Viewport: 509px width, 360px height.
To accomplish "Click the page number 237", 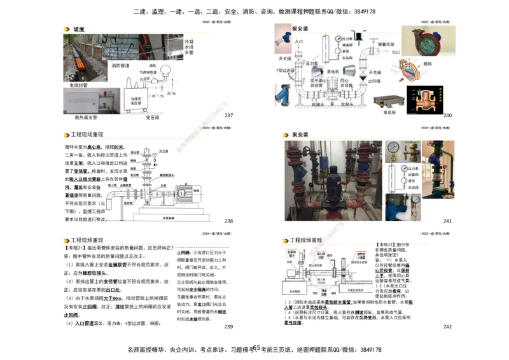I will tap(229, 115).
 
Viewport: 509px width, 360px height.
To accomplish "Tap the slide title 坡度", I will tap(79, 29).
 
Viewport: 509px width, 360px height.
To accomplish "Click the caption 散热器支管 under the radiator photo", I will tap(86, 116).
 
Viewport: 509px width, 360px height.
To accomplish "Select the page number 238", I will tap(229, 221).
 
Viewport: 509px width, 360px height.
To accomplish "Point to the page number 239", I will tap(229, 327).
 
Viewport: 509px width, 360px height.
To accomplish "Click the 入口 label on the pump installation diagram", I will tap(299, 41).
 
